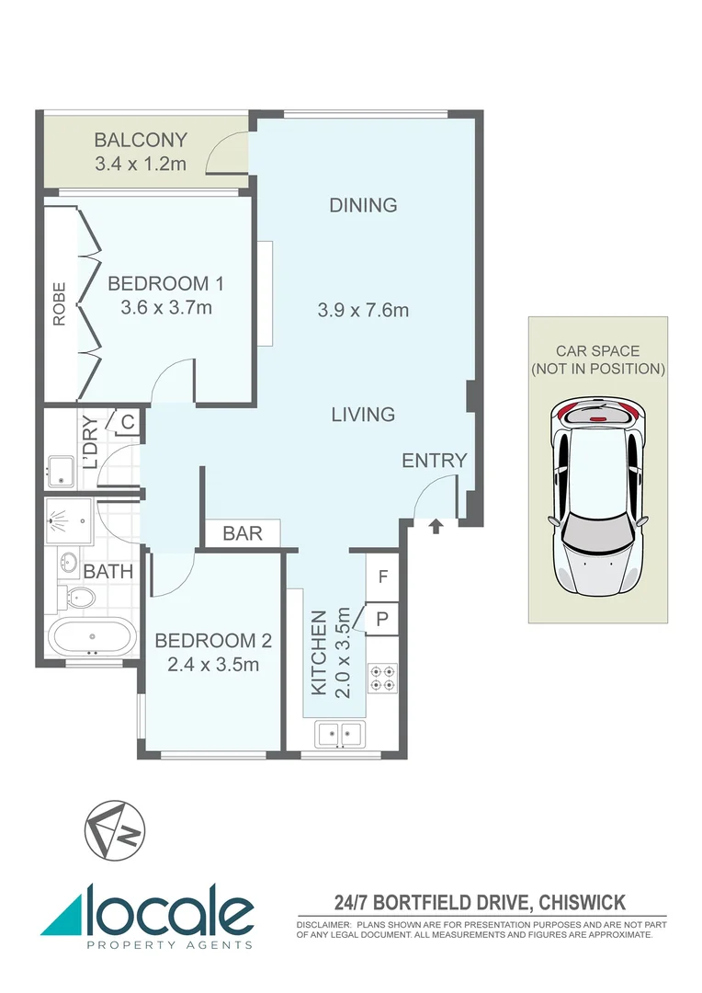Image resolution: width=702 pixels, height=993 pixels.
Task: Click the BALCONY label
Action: tap(141, 141)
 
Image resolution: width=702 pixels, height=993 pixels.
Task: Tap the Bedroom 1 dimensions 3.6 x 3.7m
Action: tap(165, 307)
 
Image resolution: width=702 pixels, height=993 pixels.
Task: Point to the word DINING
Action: tap(363, 205)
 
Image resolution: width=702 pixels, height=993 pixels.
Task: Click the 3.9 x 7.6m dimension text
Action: tap(363, 310)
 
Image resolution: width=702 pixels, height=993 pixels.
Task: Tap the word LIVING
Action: tap(363, 415)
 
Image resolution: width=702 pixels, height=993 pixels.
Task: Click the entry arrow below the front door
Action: tap(435, 526)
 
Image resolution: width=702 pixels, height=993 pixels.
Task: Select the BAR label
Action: tap(243, 533)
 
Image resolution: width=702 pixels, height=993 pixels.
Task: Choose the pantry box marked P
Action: tap(383, 619)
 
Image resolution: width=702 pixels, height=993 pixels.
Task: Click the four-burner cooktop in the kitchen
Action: tap(382, 678)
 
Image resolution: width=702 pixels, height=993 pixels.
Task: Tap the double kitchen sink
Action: tap(340, 733)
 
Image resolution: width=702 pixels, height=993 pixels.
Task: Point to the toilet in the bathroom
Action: tap(78, 599)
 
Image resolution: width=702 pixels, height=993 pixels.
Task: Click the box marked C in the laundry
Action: tap(128, 423)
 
